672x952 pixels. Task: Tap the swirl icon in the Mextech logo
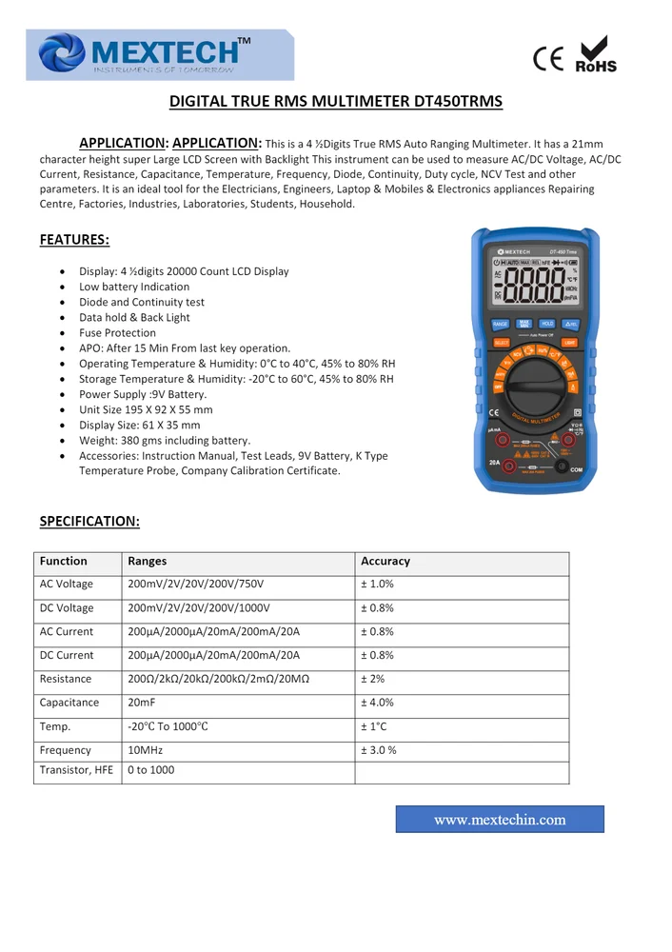(x=62, y=52)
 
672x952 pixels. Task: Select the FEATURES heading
(x=74, y=240)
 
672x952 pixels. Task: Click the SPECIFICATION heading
(x=89, y=521)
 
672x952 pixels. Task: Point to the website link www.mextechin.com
(x=500, y=820)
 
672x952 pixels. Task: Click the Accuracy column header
(x=385, y=562)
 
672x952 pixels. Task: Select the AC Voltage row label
(x=67, y=585)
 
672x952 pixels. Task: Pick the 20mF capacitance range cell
(x=141, y=703)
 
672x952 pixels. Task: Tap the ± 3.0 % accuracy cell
(x=378, y=750)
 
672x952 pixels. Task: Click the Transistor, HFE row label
(x=76, y=770)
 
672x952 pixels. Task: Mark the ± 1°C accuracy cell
(x=373, y=726)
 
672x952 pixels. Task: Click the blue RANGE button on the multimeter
(x=501, y=325)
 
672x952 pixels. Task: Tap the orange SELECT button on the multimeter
(x=501, y=342)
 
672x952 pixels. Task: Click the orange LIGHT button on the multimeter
(x=569, y=342)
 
